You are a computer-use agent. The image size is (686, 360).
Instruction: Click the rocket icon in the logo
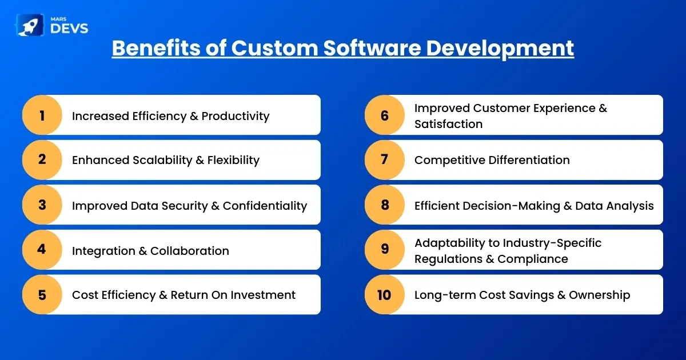pos(30,25)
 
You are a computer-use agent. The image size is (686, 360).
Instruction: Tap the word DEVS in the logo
pos(69,29)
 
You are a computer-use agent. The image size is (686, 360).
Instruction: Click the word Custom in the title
pos(275,48)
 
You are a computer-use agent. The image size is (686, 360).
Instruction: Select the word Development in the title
pos(500,49)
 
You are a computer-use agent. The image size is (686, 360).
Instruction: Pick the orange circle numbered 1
pos(42,115)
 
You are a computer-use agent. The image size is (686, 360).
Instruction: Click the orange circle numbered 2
pos(42,160)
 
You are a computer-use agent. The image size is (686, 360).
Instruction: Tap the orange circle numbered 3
pos(42,205)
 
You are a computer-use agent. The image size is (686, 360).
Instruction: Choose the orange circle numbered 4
pos(42,250)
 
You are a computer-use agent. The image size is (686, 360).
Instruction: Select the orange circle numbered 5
pos(42,294)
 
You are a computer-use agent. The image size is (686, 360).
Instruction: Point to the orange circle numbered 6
pos(385,115)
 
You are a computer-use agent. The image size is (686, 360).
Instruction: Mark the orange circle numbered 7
pos(385,160)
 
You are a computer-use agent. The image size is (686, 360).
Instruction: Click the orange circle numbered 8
pos(385,205)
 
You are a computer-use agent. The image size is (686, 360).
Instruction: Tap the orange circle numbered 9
pos(385,250)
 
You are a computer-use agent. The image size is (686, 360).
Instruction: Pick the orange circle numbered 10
pos(385,294)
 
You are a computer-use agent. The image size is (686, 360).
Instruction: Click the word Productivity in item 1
pos(236,117)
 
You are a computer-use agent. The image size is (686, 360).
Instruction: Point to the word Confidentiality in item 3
pos(265,206)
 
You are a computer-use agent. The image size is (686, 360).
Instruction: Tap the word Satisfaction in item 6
pos(448,124)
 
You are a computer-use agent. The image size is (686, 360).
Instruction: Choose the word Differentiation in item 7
pos(529,160)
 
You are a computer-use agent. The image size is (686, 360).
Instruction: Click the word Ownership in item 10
pos(600,295)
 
